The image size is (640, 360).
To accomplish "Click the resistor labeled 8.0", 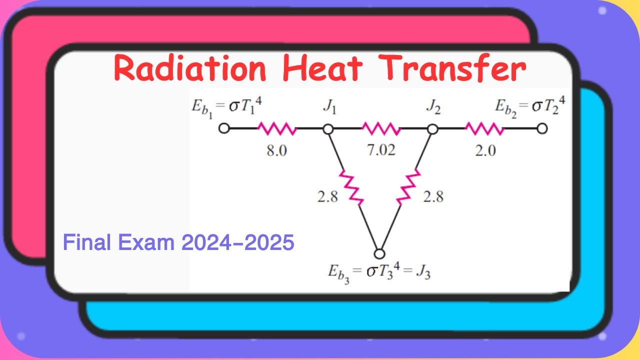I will coord(276,129).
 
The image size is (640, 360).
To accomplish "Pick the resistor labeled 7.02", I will coord(381,129).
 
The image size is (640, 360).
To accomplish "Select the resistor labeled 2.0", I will coord(484,129).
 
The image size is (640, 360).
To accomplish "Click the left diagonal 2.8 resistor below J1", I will coord(352,187).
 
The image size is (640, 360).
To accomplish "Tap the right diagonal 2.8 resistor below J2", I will coord(409,187).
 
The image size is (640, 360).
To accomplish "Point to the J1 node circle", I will coord(328,129).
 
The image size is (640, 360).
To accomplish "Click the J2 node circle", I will coord(433,129).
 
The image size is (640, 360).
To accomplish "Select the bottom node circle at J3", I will coord(380,253).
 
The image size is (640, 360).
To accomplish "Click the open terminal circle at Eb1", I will coord(224,129).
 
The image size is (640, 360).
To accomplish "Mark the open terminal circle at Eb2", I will coord(542,129).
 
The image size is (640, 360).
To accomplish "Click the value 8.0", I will coord(276,150).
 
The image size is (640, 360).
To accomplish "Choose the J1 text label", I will coord(329,107).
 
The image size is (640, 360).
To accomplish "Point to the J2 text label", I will coord(433,107).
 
